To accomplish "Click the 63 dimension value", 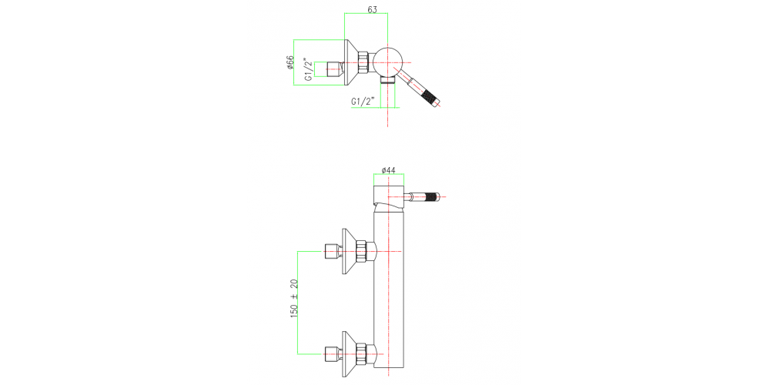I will point(373,10).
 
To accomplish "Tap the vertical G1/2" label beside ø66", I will point(307,69).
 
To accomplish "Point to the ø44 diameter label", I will point(388,170).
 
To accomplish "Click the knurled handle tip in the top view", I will point(432,99).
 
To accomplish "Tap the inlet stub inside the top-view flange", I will point(333,69).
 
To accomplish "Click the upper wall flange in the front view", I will point(346,251).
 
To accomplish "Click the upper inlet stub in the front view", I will point(332,251).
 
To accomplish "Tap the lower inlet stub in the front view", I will point(332,354).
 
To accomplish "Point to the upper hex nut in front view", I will point(364,251).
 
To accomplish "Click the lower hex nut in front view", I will point(364,353).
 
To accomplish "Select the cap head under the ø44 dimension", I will point(388,192).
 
